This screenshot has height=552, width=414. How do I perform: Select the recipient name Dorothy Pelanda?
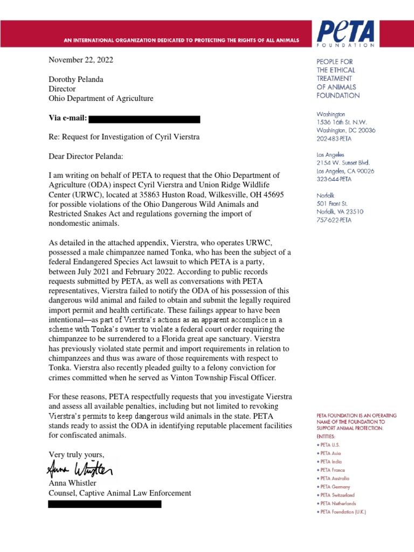(76, 79)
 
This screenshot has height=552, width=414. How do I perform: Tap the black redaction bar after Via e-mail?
(144, 119)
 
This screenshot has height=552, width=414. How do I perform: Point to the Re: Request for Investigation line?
(124, 137)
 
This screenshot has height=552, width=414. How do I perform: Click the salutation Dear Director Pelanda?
(86, 156)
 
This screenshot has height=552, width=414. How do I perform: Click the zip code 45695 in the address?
(273, 195)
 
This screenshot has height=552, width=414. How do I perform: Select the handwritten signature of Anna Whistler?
(80, 471)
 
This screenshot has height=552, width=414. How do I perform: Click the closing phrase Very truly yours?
(77, 454)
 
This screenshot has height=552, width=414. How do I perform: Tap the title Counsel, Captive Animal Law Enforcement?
(120, 493)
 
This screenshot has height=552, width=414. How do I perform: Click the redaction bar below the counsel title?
(105, 504)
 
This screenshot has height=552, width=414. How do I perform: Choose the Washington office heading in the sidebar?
(331, 115)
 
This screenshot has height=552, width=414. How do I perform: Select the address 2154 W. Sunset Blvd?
(343, 162)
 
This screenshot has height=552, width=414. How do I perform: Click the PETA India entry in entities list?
(332, 462)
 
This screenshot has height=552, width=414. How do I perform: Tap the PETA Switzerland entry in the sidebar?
(337, 495)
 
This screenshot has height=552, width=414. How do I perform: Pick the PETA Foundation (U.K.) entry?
(343, 512)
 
